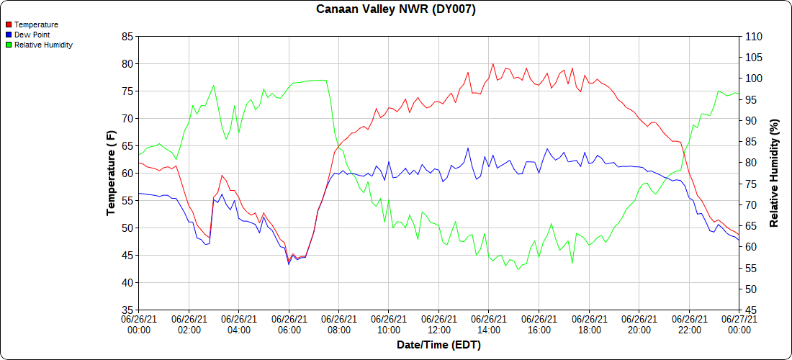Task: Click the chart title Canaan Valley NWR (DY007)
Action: (x=396, y=9)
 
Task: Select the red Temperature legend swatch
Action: (x=9, y=24)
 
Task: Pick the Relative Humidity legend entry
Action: (x=43, y=45)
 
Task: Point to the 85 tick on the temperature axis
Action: (x=127, y=36)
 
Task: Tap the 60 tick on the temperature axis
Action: (x=127, y=173)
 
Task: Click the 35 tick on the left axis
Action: (x=127, y=310)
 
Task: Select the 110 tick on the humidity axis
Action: (x=752, y=36)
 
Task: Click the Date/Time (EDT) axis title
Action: (x=438, y=345)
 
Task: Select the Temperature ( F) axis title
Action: (x=111, y=173)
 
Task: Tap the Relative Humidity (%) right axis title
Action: (x=774, y=173)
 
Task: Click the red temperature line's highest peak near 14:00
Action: (x=493, y=63)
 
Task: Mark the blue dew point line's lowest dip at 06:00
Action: (x=289, y=264)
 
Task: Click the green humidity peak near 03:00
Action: (x=214, y=85)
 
